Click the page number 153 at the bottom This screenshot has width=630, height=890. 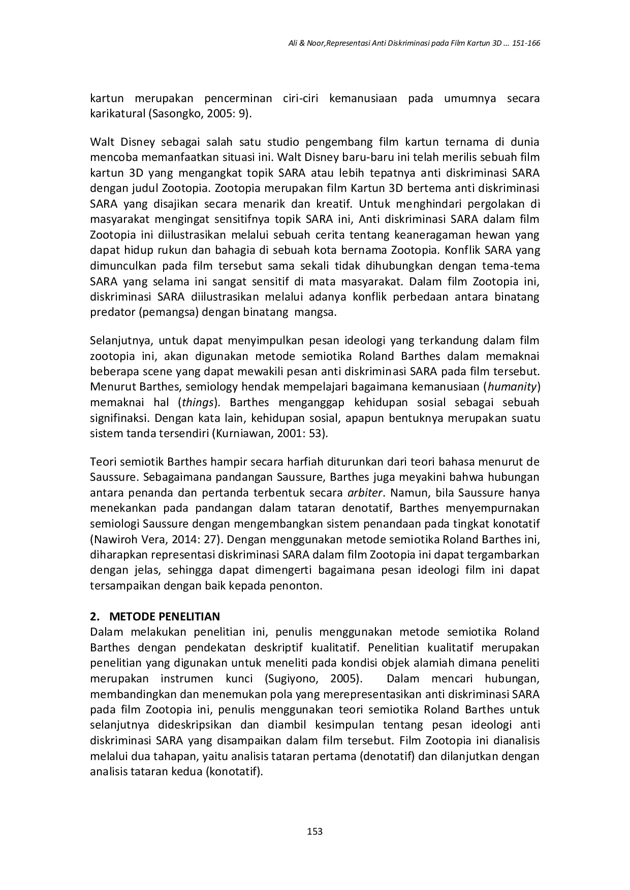[x=315, y=831]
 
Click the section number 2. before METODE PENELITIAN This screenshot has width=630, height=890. [x=95, y=617]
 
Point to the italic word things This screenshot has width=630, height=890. [x=198, y=403]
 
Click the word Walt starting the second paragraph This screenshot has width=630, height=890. [x=101, y=142]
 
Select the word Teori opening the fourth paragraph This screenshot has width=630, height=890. [x=103, y=462]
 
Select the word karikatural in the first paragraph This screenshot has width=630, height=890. [x=117, y=114]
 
